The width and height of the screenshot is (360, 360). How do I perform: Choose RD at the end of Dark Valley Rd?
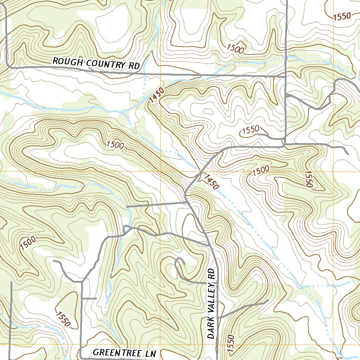point(211,275)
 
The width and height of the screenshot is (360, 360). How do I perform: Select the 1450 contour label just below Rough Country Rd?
point(156,95)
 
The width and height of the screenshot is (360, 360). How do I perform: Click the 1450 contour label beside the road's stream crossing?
point(210,181)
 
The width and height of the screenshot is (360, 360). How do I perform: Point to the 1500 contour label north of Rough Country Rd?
point(235,49)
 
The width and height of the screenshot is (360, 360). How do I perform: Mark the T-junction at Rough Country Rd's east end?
point(285,76)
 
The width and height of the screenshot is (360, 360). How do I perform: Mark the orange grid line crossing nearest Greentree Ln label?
point(160,344)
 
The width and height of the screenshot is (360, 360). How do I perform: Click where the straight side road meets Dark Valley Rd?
point(186,202)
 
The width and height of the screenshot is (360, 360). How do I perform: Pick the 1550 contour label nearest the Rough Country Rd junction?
point(250,130)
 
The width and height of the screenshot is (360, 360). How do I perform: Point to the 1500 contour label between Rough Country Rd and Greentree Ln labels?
point(115,144)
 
